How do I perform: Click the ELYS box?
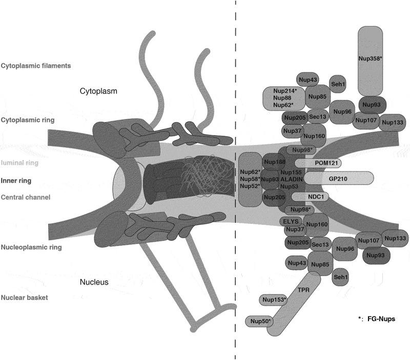(290, 221)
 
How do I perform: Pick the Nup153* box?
(274, 300)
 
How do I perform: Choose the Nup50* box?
(260, 321)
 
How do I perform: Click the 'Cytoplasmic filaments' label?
(35, 66)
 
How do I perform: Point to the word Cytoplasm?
(99, 91)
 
